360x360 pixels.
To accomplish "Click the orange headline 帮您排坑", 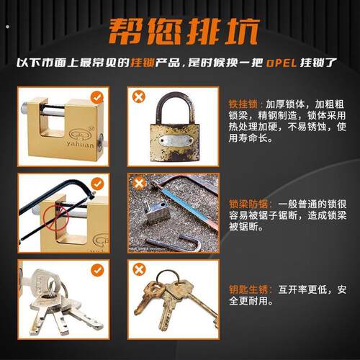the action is click(184, 32).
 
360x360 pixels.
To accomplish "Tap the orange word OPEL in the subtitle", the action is click(282, 63).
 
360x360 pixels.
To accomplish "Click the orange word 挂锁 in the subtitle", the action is click(143, 63).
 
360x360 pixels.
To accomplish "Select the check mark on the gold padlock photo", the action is click(97, 97).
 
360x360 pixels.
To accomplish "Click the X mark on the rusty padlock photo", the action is click(139, 96).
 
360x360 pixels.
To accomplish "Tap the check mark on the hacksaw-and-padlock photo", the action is click(97, 184).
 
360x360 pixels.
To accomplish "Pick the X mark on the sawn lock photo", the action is click(139, 184).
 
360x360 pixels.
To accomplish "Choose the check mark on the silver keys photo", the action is click(97, 270).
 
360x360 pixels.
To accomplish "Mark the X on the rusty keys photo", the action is click(139, 269).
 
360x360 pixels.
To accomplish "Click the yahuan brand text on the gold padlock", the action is click(81, 145).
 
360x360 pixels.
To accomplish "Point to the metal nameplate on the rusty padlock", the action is click(176, 140).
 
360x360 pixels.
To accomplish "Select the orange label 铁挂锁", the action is click(243, 104).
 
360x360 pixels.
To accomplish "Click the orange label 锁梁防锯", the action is click(248, 204).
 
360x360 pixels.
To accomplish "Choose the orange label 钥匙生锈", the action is click(248, 289).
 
